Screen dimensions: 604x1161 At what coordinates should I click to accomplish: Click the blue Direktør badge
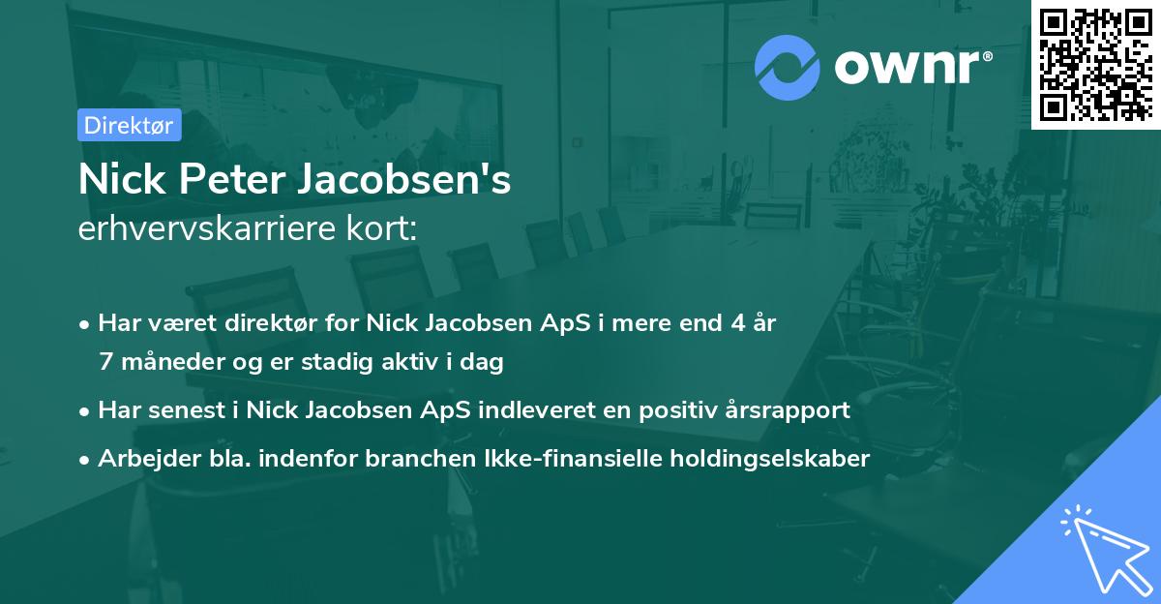(x=129, y=125)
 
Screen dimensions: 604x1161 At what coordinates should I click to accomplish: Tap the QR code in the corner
(x=1095, y=64)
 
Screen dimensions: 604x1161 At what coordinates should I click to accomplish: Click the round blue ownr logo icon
(x=787, y=68)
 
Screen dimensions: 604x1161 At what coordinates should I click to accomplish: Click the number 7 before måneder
(x=105, y=363)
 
